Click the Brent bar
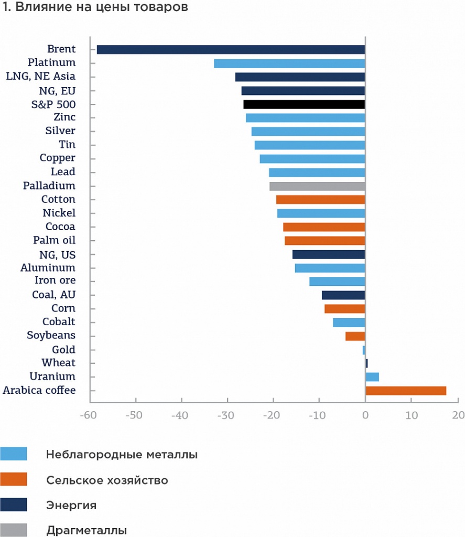click(x=231, y=50)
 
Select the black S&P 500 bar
click(x=304, y=104)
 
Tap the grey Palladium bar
click(x=317, y=186)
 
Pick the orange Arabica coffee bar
click(x=406, y=391)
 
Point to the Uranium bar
click(x=372, y=377)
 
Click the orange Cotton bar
click(x=320, y=200)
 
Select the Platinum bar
click(x=289, y=63)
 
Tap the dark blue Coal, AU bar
click(x=343, y=295)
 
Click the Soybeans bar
click(x=355, y=336)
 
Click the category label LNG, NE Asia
click(x=40, y=77)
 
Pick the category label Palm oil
click(x=54, y=241)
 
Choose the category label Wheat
click(x=58, y=363)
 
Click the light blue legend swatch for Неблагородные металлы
click(x=14, y=454)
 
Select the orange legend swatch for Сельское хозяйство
click(x=14, y=479)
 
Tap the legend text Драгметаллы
click(x=86, y=530)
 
